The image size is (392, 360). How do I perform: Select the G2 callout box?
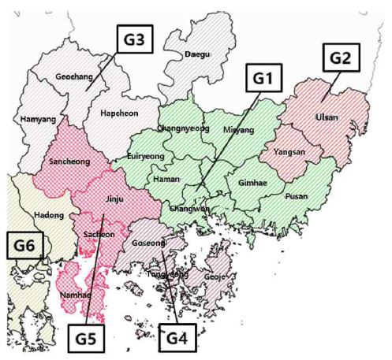point(344,58)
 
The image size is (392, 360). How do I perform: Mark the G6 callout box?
point(24,246)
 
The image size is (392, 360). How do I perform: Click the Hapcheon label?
point(119,113)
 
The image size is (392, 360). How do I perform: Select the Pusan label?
point(296,195)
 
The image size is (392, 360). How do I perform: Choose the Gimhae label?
point(251,180)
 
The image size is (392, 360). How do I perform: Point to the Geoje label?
point(218,277)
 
